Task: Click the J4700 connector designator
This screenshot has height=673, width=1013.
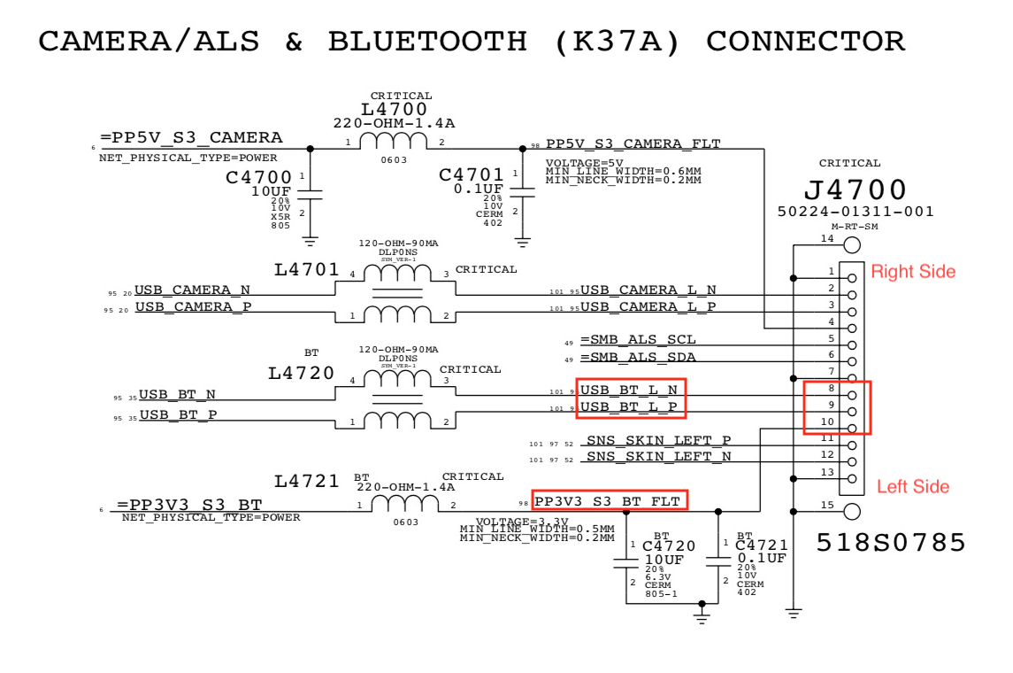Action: click(x=855, y=190)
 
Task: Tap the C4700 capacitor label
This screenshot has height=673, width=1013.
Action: click(x=258, y=177)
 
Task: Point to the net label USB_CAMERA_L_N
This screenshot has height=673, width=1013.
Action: click(x=648, y=290)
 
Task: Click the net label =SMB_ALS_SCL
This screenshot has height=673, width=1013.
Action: click(x=638, y=340)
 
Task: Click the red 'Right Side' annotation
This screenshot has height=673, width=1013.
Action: click(x=913, y=271)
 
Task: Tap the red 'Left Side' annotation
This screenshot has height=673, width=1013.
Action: click(x=913, y=486)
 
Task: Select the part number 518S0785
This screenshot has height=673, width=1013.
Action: click(x=891, y=542)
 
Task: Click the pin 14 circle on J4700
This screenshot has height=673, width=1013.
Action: click(x=852, y=245)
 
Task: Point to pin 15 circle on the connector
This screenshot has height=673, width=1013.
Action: click(x=852, y=511)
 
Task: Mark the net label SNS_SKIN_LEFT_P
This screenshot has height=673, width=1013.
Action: click(x=658, y=441)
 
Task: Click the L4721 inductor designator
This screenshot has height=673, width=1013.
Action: click(x=306, y=482)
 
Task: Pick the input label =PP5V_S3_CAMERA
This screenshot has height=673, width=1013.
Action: click(x=191, y=137)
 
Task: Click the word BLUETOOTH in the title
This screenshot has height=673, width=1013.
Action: click(x=427, y=42)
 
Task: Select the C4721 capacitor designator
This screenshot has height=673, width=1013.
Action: click(x=761, y=546)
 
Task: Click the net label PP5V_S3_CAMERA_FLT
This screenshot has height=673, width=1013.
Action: click(x=633, y=143)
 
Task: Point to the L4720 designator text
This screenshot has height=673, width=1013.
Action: click(x=301, y=374)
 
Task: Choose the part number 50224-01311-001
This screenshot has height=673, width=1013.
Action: click(x=856, y=212)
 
